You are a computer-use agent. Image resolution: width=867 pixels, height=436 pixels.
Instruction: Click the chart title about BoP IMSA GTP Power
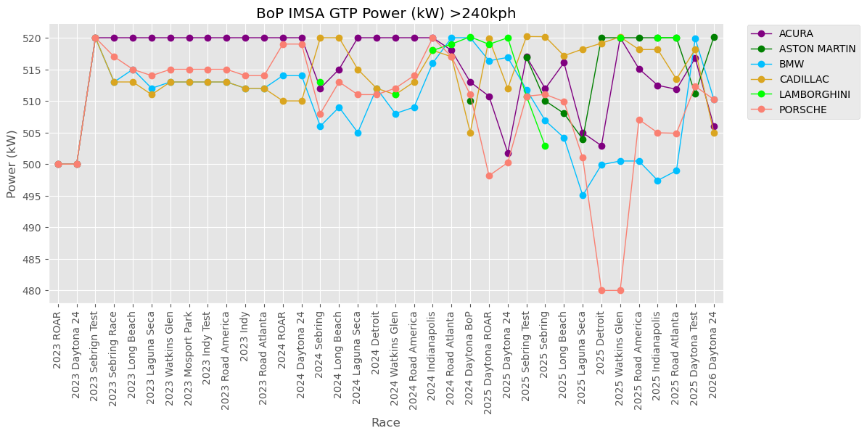tap(385, 14)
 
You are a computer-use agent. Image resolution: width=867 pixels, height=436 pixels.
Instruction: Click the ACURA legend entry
tap(795, 33)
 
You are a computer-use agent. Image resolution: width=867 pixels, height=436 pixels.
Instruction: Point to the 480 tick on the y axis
tap(32, 291)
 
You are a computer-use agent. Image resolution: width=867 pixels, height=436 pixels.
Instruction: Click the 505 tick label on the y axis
tap(32, 133)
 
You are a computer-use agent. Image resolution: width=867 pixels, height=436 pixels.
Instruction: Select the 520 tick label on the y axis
tap(32, 38)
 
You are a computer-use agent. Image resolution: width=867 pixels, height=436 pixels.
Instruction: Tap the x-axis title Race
tap(385, 423)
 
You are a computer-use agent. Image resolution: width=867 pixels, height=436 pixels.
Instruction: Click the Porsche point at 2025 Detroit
tap(601, 290)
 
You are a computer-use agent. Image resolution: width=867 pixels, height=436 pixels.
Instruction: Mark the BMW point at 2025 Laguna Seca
tap(583, 195)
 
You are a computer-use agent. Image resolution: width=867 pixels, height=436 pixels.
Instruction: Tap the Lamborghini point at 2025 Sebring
tap(545, 146)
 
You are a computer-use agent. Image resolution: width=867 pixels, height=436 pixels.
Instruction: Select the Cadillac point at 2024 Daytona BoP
tap(470, 133)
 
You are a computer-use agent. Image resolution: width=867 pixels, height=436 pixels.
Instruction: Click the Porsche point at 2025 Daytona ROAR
tap(489, 176)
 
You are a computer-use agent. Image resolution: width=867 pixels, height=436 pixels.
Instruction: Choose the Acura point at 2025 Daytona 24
tap(508, 153)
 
